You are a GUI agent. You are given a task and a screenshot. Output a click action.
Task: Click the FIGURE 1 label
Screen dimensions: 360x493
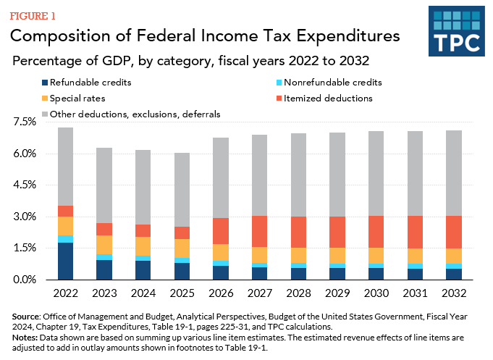pos(33,15)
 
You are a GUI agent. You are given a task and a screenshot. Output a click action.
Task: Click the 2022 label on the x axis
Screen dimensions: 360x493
pos(67,293)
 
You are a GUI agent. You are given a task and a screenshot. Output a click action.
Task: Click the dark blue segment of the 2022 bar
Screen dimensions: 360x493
pos(67,261)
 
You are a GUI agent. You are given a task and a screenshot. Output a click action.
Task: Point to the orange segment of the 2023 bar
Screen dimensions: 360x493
pos(105,245)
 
